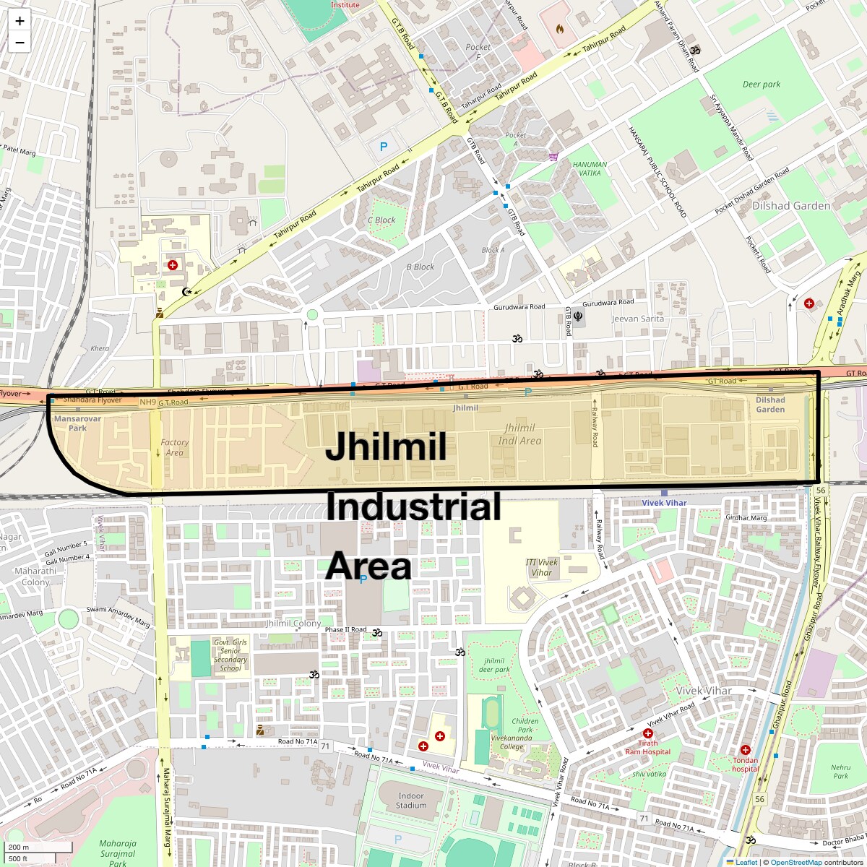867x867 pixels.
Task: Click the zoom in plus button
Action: coord(20,21)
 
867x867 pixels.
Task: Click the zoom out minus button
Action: coord(20,43)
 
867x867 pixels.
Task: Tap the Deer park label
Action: coord(762,85)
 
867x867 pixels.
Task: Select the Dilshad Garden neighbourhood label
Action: coord(791,206)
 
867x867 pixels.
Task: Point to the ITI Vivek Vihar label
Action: coord(542,567)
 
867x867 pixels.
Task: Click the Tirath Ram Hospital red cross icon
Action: coord(648,733)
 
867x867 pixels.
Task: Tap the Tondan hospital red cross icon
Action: coord(746,750)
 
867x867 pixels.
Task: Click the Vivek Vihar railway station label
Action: coord(664,503)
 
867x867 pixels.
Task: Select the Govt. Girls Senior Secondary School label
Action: coord(230,655)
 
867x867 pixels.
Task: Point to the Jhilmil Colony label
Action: coord(293,624)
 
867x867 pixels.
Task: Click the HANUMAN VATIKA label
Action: coord(590,168)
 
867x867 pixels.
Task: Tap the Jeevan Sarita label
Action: coord(637,319)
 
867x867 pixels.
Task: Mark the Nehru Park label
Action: coord(840,772)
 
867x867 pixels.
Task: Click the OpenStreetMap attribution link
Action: coord(795,862)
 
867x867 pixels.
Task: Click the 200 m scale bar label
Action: coord(20,847)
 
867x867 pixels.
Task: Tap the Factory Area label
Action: coord(174,448)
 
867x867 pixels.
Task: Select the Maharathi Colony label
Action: coord(35,577)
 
